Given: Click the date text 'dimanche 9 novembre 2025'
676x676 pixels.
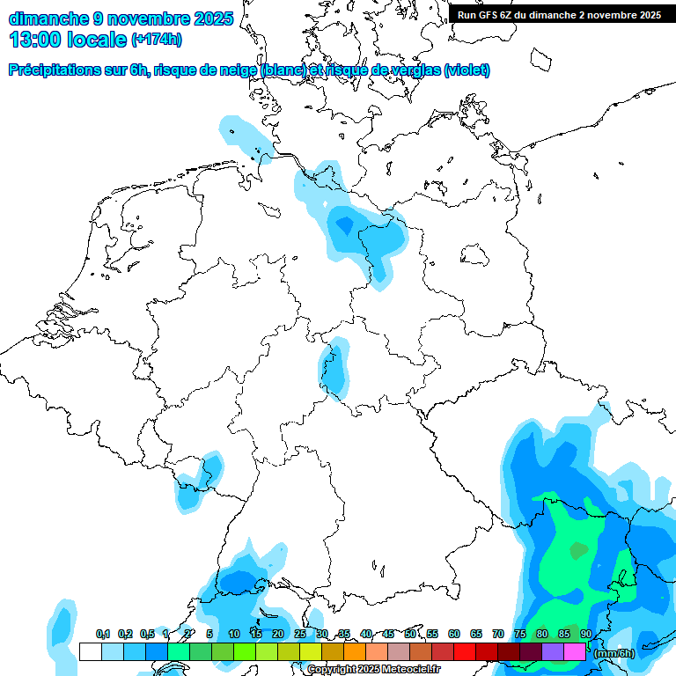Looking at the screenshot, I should tap(121, 18).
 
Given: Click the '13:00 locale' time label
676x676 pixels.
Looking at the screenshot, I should tap(67, 40).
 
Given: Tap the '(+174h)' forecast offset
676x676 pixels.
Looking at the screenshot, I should tap(158, 40).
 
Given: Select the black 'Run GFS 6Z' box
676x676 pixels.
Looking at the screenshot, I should tap(559, 14).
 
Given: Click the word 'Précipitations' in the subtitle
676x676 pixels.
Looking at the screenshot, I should tap(53, 70).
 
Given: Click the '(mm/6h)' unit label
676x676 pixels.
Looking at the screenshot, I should tap(614, 653).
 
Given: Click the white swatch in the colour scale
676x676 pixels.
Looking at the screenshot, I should tap(90, 652).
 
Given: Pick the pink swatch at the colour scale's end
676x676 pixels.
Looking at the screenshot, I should tap(575, 652).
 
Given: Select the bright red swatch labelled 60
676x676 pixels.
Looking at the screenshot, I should tap(465, 652).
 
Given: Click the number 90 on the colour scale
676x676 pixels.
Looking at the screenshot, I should tap(585, 634).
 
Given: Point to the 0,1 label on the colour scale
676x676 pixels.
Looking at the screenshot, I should tap(102, 634).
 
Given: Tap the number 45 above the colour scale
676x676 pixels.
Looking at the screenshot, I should tap(388, 634).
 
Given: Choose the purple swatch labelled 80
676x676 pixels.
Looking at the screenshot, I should tap(553, 652).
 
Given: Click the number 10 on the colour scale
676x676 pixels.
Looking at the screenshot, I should tap(234, 634).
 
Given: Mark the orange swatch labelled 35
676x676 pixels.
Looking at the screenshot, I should tap(355, 652).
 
